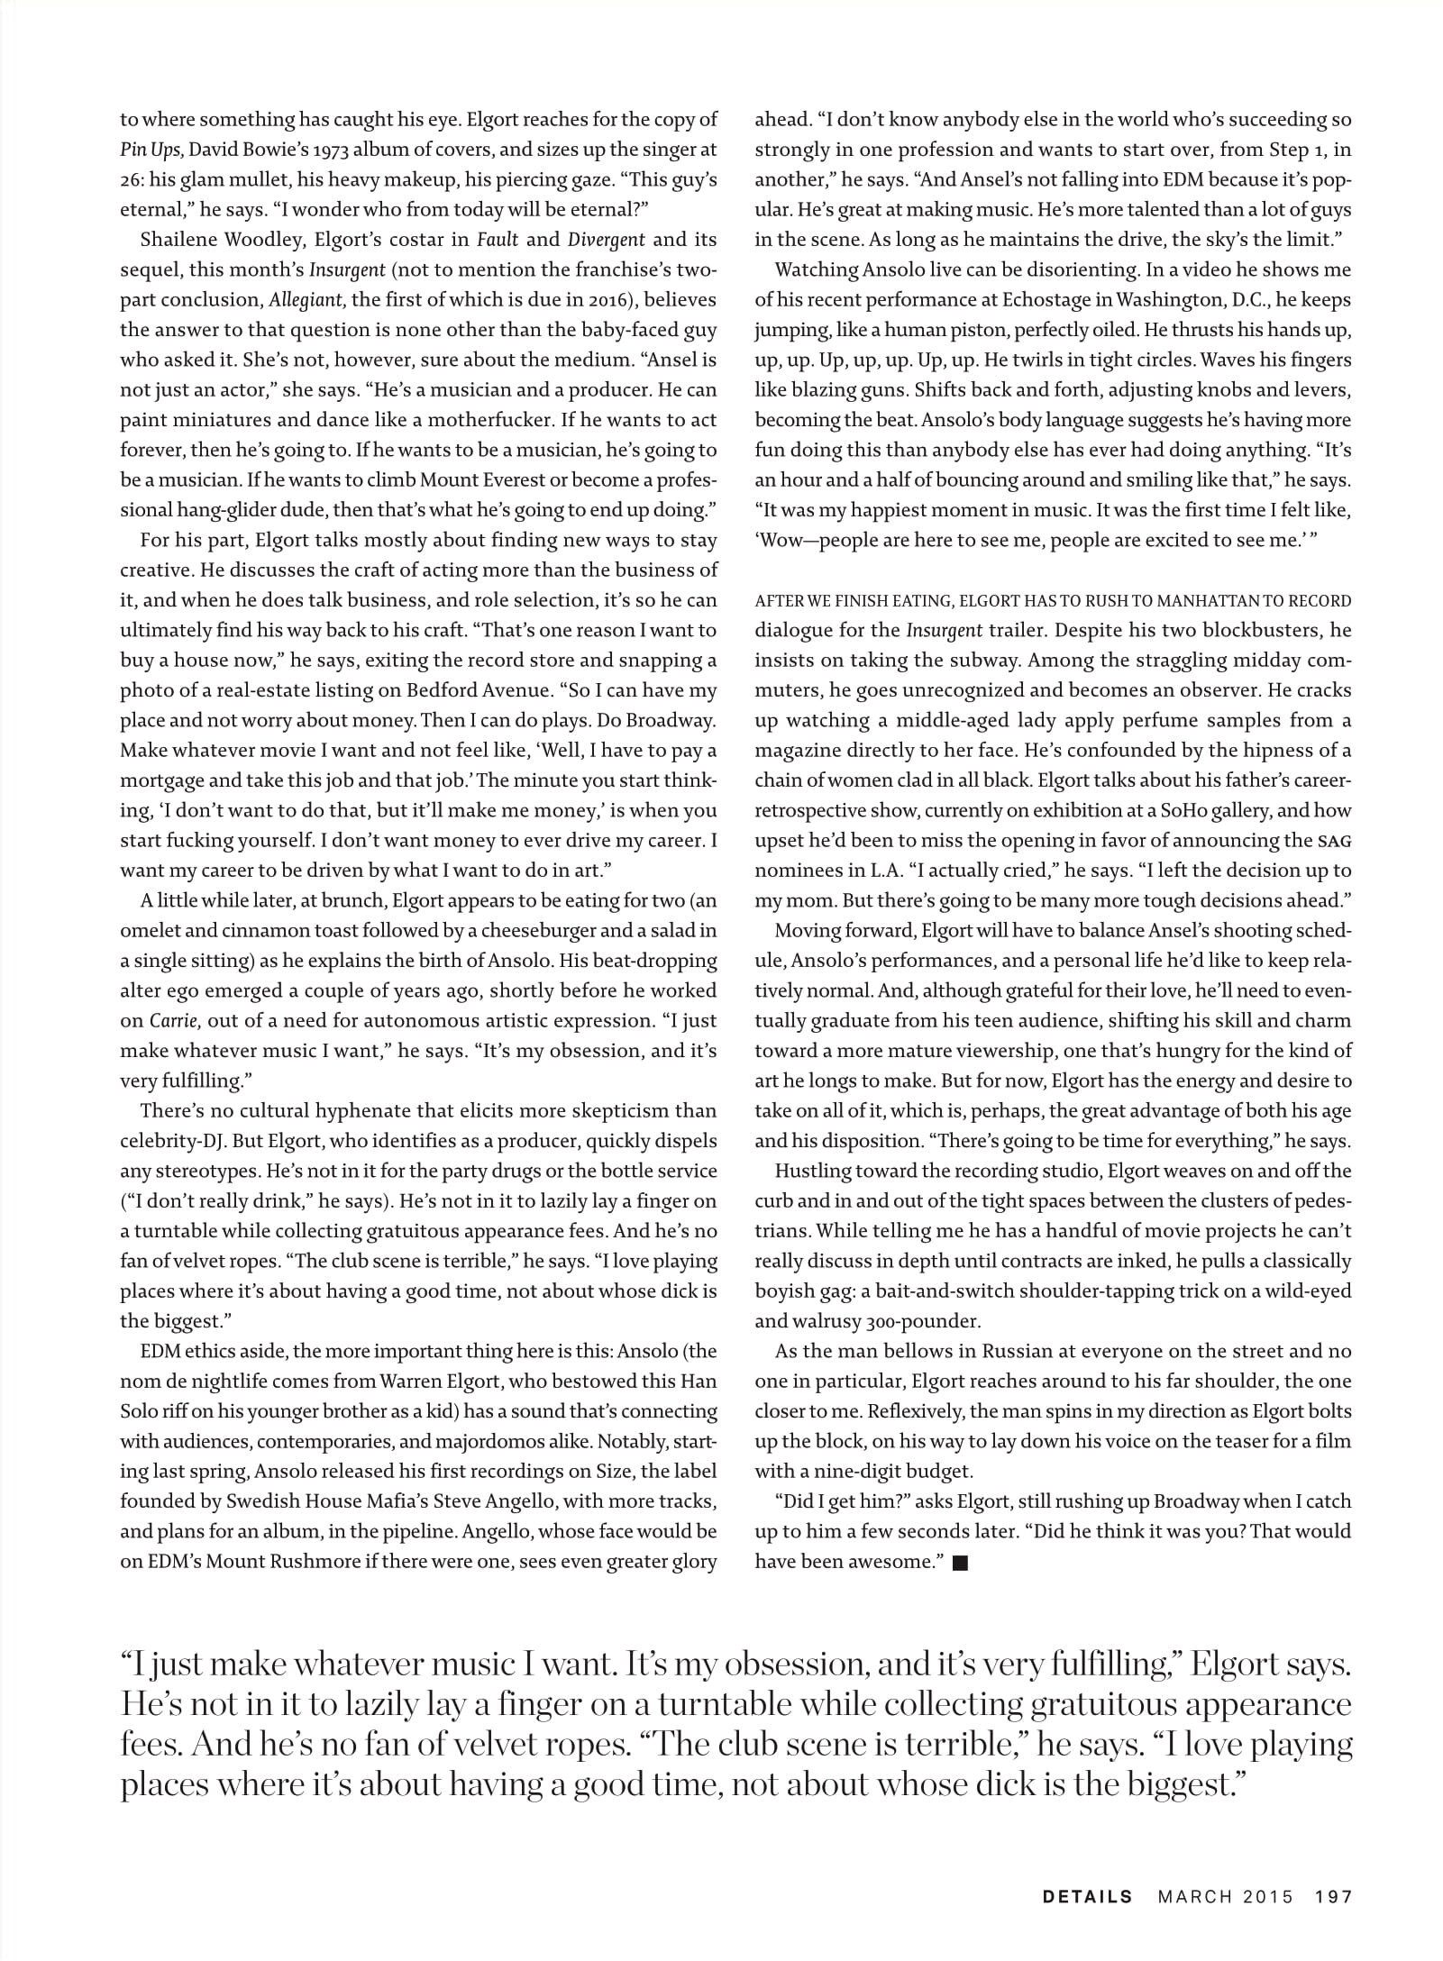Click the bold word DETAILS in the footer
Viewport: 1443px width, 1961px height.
click(1087, 1897)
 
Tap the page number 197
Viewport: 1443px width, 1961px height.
click(1334, 1897)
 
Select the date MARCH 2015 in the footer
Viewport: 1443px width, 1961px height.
click(1225, 1897)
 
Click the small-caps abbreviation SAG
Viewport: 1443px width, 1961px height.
click(1335, 842)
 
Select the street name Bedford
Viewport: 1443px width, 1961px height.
click(559, 690)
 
